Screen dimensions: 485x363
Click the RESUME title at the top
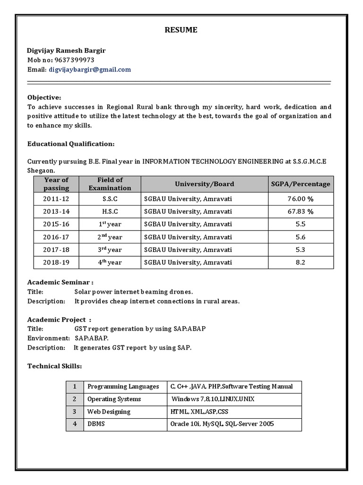[x=181, y=30]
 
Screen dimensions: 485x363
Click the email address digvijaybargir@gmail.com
[x=89, y=70]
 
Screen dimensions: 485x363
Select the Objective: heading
[x=44, y=97]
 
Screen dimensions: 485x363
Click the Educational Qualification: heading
[x=70, y=144]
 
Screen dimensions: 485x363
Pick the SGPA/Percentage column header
[x=301, y=184]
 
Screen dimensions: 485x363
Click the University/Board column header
[x=204, y=184]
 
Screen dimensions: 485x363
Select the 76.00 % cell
[x=301, y=198]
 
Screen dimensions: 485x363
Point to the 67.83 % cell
[x=301, y=211]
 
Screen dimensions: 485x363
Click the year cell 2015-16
[x=56, y=224]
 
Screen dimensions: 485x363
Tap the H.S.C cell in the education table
[x=110, y=211]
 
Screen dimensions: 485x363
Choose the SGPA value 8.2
[x=301, y=262]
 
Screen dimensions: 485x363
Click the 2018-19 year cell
[x=56, y=262]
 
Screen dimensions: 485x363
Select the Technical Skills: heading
[x=54, y=366]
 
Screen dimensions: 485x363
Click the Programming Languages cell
[x=123, y=386]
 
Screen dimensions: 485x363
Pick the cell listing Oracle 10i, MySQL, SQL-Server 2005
[x=222, y=424]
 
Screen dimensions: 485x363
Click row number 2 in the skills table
[x=74, y=399]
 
